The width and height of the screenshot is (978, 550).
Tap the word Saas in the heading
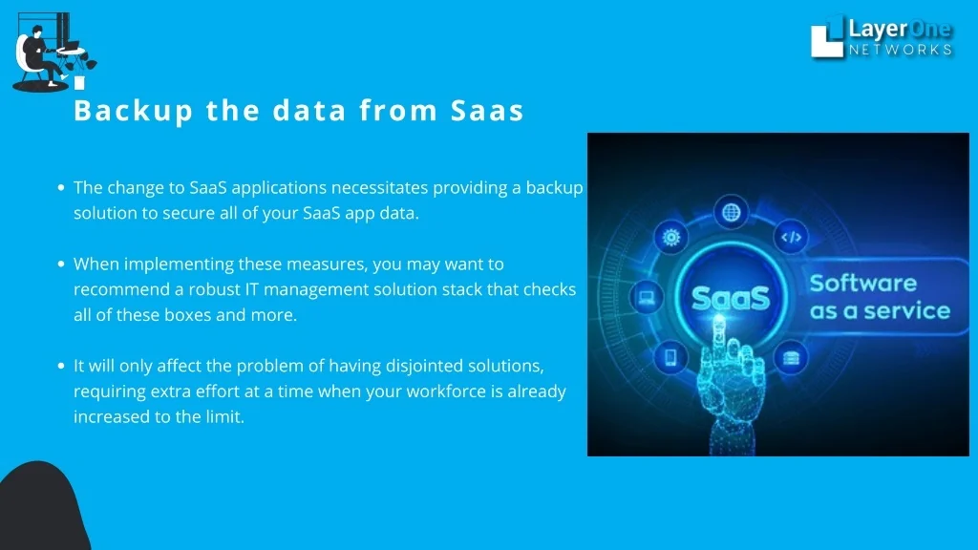[x=487, y=111]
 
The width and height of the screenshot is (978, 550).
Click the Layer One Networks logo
[x=882, y=37]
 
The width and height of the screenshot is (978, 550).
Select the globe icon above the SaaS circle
[x=731, y=213]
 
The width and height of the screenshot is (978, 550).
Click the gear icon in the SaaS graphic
[x=671, y=237]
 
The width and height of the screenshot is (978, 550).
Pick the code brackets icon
[x=791, y=237]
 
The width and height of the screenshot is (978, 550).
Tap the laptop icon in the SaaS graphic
[x=647, y=296]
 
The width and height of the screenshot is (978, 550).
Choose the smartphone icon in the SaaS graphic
[x=671, y=357]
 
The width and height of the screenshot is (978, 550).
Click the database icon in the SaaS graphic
[x=791, y=358]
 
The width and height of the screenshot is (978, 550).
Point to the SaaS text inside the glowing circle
[x=731, y=298]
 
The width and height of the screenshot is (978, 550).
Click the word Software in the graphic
[x=863, y=283]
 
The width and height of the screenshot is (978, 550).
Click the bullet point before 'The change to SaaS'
[x=61, y=187]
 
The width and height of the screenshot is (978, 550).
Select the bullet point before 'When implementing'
[x=61, y=264]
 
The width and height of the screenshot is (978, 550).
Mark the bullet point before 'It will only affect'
[x=61, y=366]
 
